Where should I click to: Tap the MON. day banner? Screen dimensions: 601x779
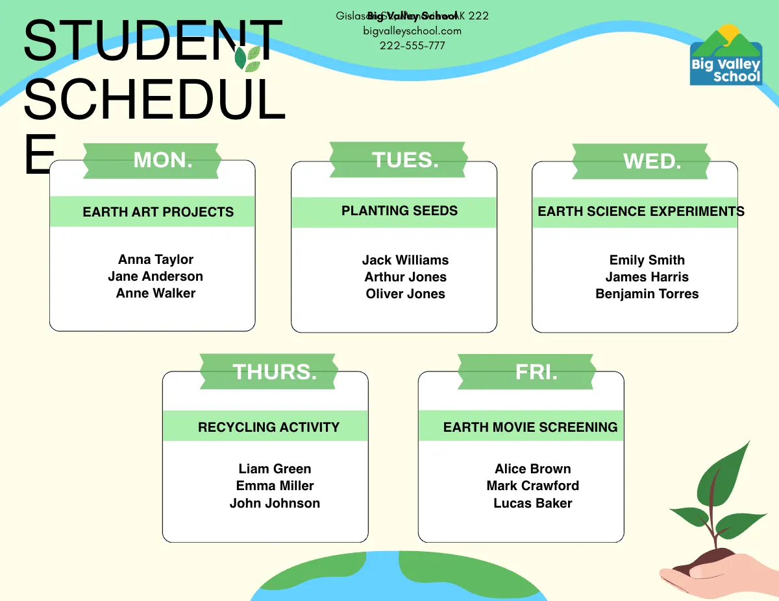(152, 160)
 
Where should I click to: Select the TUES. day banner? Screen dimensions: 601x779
(397, 160)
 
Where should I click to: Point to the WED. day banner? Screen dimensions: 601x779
(641, 161)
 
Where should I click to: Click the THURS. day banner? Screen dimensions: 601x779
(268, 371)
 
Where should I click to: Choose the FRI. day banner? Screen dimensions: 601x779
(526, 371)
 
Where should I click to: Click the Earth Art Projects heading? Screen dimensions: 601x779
(158, 212)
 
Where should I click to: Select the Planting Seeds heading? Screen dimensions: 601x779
(399, 211)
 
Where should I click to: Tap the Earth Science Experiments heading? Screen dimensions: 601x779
(641, 211)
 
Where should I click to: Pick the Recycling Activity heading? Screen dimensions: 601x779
(268, 427)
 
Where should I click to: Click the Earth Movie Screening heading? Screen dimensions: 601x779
(530, 427)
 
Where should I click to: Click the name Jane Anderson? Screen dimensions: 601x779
(155, 276)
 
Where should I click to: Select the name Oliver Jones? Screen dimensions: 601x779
(405, 294)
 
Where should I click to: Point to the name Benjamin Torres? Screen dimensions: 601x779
(647, 294)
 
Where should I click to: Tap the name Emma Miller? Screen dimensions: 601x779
(275, 486)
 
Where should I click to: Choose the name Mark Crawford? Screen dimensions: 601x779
(532, 486)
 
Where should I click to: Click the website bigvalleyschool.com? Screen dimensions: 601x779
(412, 30)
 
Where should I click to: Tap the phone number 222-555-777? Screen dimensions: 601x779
(412, 45)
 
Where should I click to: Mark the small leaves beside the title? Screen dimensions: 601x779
(247, 58)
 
